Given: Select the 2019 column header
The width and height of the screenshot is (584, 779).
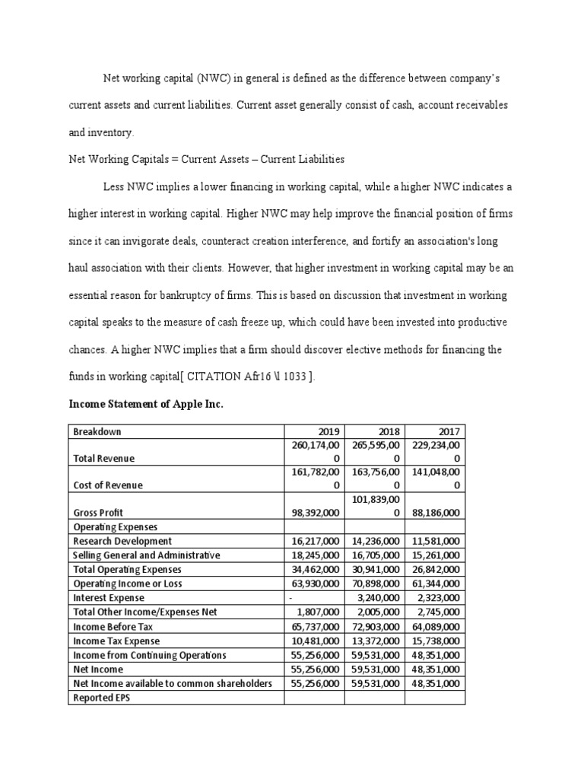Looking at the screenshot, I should coord(332,431).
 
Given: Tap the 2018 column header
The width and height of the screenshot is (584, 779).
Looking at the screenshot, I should coord(392,431).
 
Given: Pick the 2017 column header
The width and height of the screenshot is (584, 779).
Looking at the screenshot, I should coord(452,431).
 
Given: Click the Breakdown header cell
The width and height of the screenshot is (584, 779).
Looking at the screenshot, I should coord(97,431).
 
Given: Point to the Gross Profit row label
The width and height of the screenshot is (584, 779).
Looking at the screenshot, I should coord(98,513).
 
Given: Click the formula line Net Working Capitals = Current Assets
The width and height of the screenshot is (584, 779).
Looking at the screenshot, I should coord(206,159).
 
